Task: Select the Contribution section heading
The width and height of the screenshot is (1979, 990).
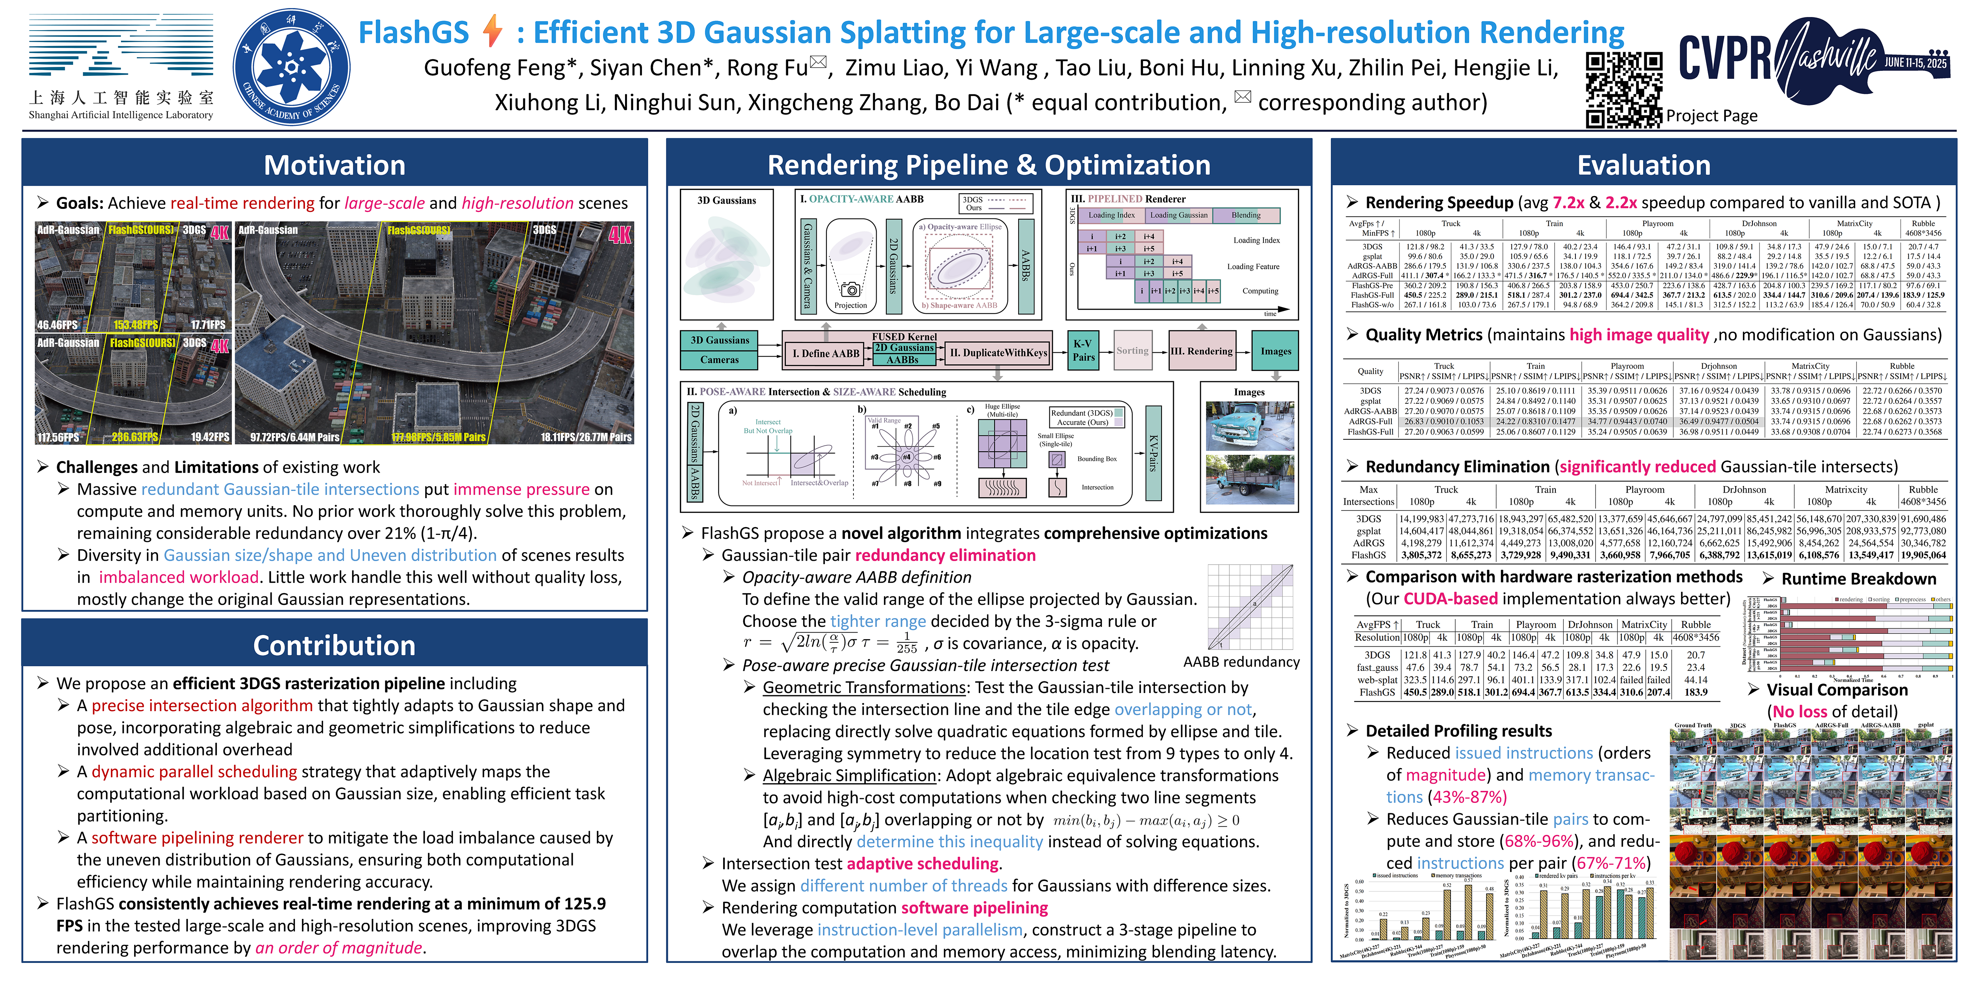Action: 334,646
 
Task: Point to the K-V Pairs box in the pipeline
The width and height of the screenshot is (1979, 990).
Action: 1083,350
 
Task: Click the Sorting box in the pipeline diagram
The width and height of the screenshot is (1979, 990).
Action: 1132,350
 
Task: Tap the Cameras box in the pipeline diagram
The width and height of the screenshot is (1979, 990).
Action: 719,360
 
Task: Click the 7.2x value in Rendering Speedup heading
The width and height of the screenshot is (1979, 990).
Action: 1568,203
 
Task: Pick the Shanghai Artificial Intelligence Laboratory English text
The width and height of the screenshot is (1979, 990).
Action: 121,115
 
